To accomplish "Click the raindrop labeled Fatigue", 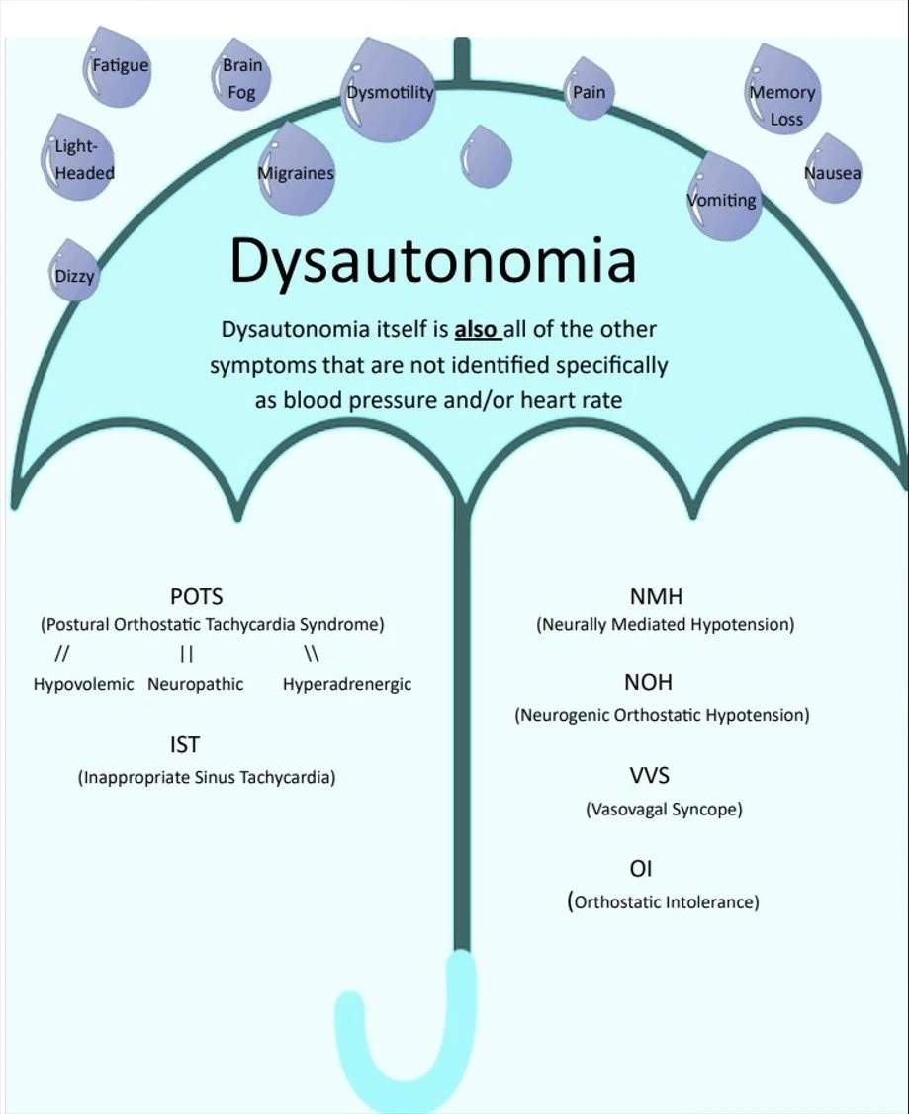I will [x=118, y=71].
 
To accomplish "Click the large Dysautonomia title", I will [x=432, y=261].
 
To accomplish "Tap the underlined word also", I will [x=477, y=329].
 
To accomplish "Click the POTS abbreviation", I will [x=196, y=597].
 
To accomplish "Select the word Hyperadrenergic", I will [x=346, y=684].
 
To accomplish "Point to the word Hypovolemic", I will [x=83, y=684].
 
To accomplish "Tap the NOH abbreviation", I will [x=648, y=683].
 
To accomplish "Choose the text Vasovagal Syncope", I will [x=664, y=809].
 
